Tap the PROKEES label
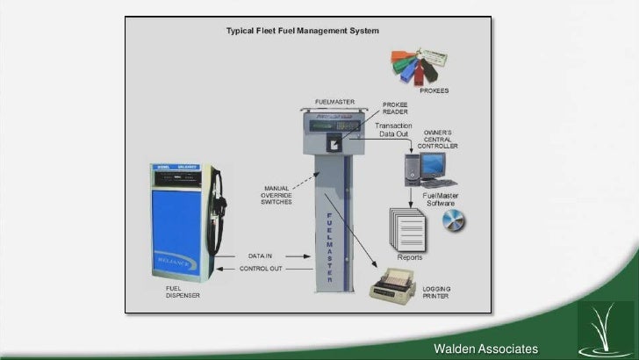(434, 90)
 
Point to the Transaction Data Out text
(395, 130)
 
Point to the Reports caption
(410, 258)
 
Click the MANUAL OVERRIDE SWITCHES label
(278, 195)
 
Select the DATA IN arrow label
(261, 256)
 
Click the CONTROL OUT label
(261, 269)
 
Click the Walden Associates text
(485, 350)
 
